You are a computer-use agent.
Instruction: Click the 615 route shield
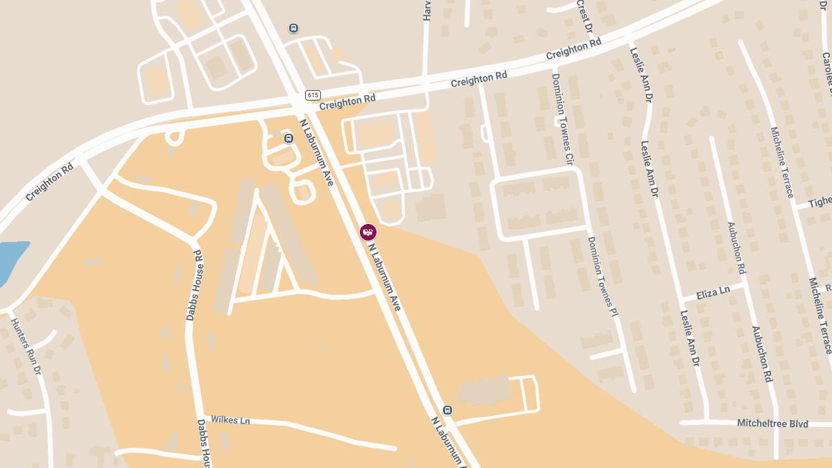313,95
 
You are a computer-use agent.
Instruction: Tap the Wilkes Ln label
230,419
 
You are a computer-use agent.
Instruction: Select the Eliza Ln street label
713,293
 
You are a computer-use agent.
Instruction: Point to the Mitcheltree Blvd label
772,423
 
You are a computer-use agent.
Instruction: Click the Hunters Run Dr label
26,346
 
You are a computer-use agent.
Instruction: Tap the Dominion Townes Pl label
602,277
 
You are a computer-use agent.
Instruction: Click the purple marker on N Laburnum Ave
368,232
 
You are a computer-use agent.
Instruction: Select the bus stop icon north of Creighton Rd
293,28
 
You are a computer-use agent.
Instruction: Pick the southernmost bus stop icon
447,410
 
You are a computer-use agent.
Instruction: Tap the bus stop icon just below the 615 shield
288,138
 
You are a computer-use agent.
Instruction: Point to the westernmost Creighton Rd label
50,182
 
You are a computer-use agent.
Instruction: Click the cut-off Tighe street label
821,202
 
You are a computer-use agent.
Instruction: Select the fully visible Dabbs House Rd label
193,285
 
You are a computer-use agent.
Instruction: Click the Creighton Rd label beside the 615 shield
347,101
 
